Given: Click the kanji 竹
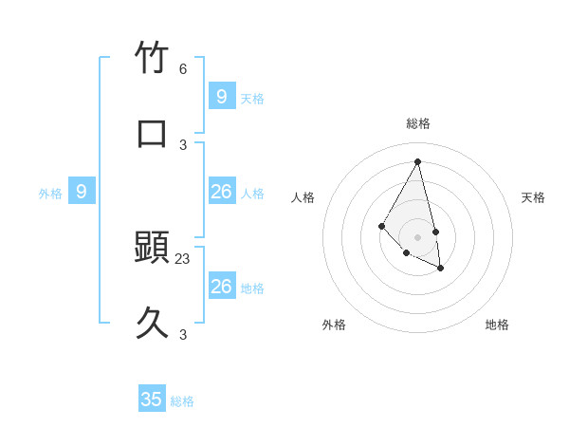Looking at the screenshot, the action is tap(152, 58).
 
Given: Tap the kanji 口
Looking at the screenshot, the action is tap(152, 133).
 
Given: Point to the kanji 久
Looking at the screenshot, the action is tap(152, 324).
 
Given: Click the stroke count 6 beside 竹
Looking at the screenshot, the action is tap(183, 69).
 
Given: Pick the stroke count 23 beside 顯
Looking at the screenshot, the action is tap(183, 258).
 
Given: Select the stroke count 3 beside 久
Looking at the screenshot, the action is tap(183, 334).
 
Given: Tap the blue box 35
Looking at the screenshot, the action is tap(152, 400).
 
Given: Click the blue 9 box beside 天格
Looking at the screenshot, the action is tap(222, 96).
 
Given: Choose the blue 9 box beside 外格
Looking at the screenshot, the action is tap(82, 192).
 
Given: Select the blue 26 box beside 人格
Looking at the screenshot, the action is tap(222, 192).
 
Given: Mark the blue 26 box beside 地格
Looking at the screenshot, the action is tap(222, 287).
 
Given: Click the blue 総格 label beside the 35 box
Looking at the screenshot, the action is tap(182, 401).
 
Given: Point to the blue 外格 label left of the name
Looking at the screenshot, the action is tap(50, 194).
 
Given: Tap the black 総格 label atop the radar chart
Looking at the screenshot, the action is tap(418, 123).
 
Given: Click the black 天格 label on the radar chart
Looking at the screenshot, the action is tap(533, 197).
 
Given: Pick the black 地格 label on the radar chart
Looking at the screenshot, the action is tap(497, 325).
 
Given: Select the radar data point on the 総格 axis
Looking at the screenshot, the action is tap(418, 161).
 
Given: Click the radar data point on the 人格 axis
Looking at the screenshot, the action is tap(381, 225).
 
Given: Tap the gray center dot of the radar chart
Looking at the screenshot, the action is tap(418, 237).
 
